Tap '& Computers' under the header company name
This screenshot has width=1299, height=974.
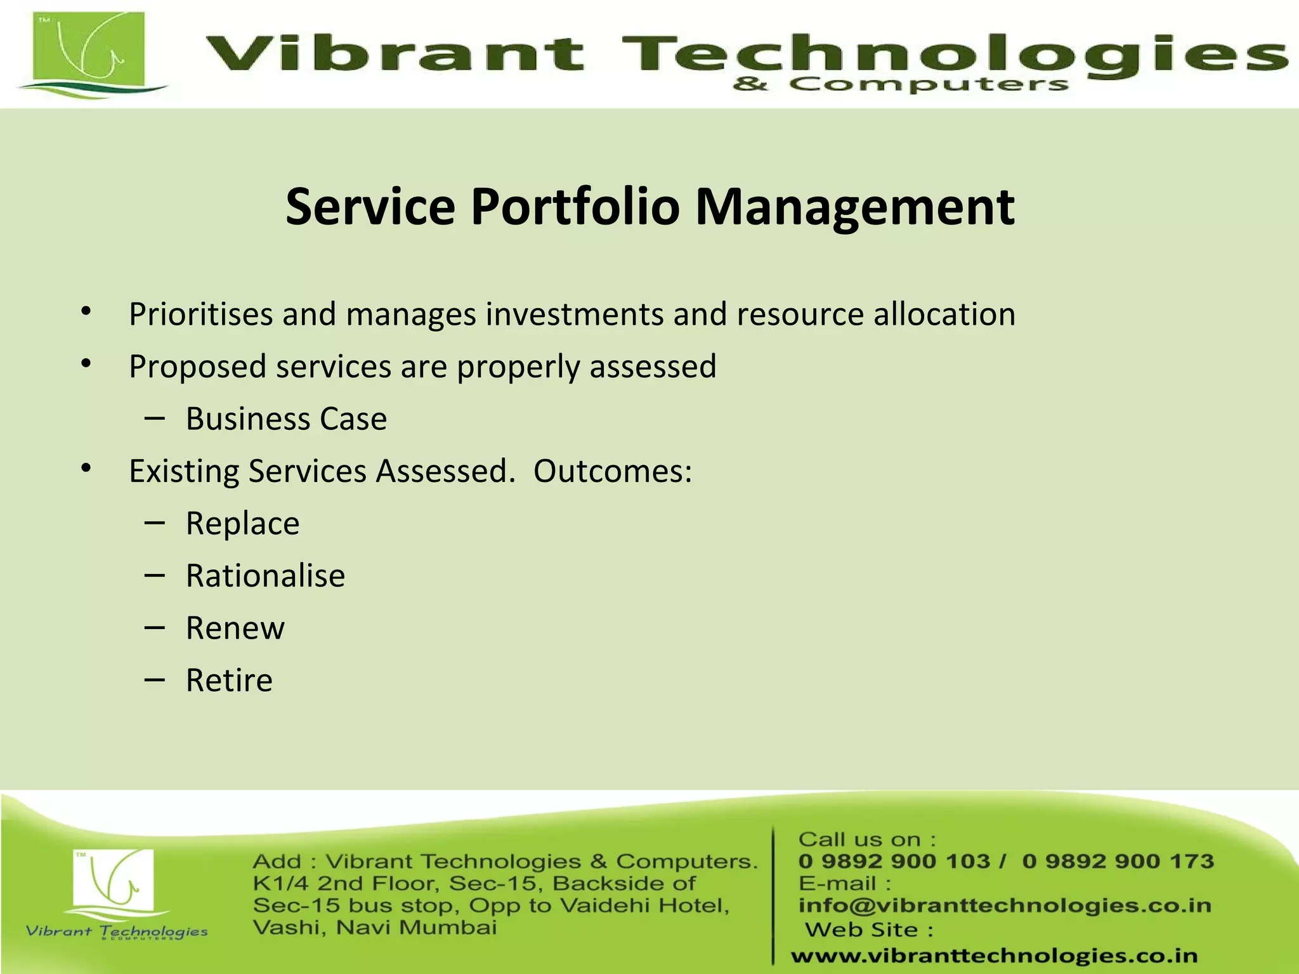coord(900,84)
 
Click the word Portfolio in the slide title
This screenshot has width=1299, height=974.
coord(575,207)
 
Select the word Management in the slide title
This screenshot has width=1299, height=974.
coord(854,207)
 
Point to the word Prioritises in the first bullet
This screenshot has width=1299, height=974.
coord(201,315)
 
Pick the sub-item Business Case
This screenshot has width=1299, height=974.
coord(286,419)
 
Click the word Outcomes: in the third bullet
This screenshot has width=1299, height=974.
coord(612,471)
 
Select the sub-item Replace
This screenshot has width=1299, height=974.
coord(242,524)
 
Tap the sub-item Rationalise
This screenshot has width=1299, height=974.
coord(265,576)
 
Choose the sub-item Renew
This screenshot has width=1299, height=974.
coord(235,628)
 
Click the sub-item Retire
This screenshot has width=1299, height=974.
coord(229,680)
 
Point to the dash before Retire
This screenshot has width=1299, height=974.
coord(154,680)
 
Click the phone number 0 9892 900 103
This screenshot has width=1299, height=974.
coord(894,861)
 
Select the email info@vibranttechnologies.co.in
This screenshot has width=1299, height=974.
coord(1005,906)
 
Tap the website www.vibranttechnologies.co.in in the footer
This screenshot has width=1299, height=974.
coord(994,956)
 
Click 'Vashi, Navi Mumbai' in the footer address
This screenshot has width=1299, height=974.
coord(374,928)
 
